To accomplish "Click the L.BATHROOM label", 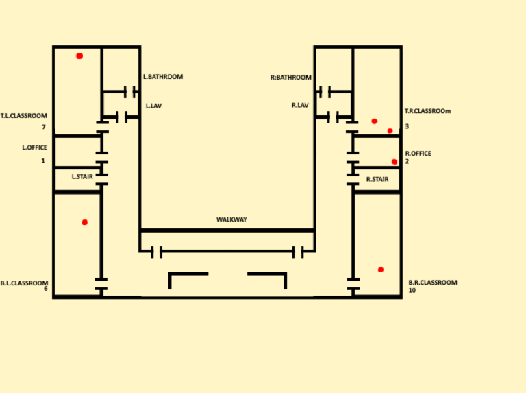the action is (x=163, y=77).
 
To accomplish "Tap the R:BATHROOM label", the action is (x=291, y=78).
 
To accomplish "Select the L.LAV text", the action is (x=153, y=106).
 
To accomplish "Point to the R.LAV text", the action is (x=300, y=105).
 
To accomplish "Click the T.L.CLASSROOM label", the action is (x=24, y=116).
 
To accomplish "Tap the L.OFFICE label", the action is (x=34, y=147).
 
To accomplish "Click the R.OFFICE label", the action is (x=418, y=154).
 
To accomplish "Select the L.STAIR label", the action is (x=82, y=176).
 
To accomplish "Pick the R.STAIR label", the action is (x=377, y=179).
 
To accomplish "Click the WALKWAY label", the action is (x=231, y=219).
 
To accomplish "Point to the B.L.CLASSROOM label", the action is (x=24, y=283).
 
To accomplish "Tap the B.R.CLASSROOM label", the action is (x=432, y=283).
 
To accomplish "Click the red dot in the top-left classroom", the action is (x=79, y=56).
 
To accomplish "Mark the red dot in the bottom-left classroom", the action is (x=85, y=222).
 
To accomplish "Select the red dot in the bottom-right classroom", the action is (x=381, y=270).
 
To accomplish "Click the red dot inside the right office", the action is (x=394, y=162).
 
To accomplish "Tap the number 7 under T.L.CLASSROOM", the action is (x=43, y=127).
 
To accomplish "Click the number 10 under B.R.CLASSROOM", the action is (x=412, y=290).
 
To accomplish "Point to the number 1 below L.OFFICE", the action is (x=42, y=160).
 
